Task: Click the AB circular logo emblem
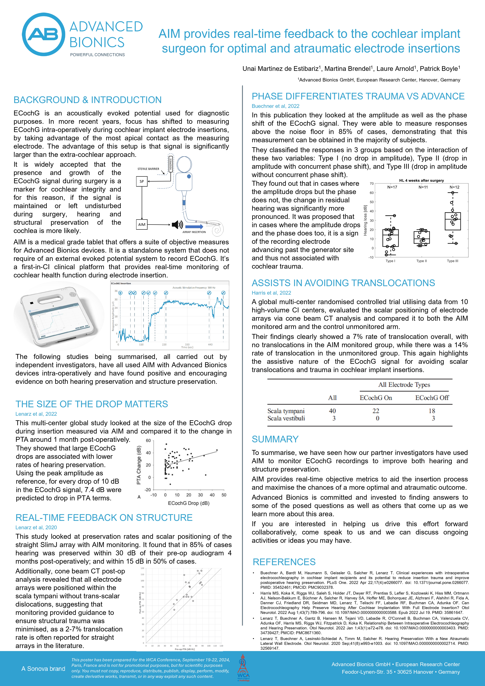44,34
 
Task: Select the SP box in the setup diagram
142,181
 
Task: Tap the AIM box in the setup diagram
142,224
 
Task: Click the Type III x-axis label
452,261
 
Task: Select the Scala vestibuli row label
286,418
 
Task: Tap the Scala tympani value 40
332,411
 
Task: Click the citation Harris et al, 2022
271,293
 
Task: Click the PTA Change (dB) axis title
139,465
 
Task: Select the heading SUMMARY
275,439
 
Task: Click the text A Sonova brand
43,669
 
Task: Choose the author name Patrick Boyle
439,69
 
